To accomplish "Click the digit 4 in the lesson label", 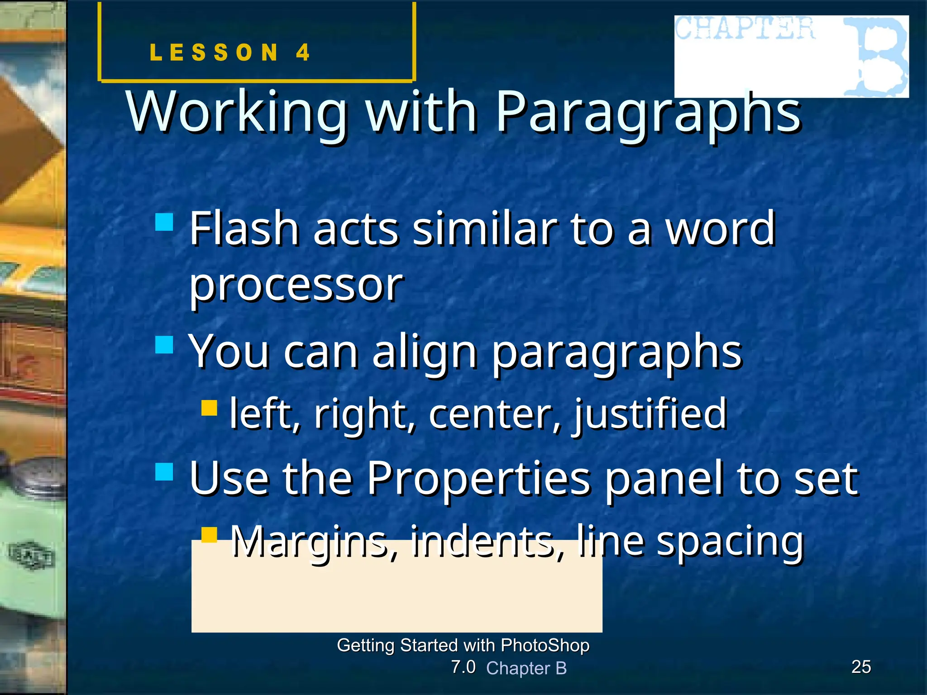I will click(x=303, y=52).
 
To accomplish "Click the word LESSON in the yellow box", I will click(x=214, y=52).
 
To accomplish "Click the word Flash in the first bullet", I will click(x=244, y=228).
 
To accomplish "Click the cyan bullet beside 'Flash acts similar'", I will click(x=164, y=223).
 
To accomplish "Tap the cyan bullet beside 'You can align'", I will click(x=164, y=345).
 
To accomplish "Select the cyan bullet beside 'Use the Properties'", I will click(x=164, y=471).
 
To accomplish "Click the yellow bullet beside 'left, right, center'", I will click(x=209, y=407).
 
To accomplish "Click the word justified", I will click(x=650, y=414).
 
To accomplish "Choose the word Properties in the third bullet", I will click(x=478, y=479).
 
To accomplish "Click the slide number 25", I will click(x=861, y=667).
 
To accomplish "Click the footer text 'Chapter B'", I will click(x=526, y=668).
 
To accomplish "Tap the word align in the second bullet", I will click(x=425, y=353).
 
